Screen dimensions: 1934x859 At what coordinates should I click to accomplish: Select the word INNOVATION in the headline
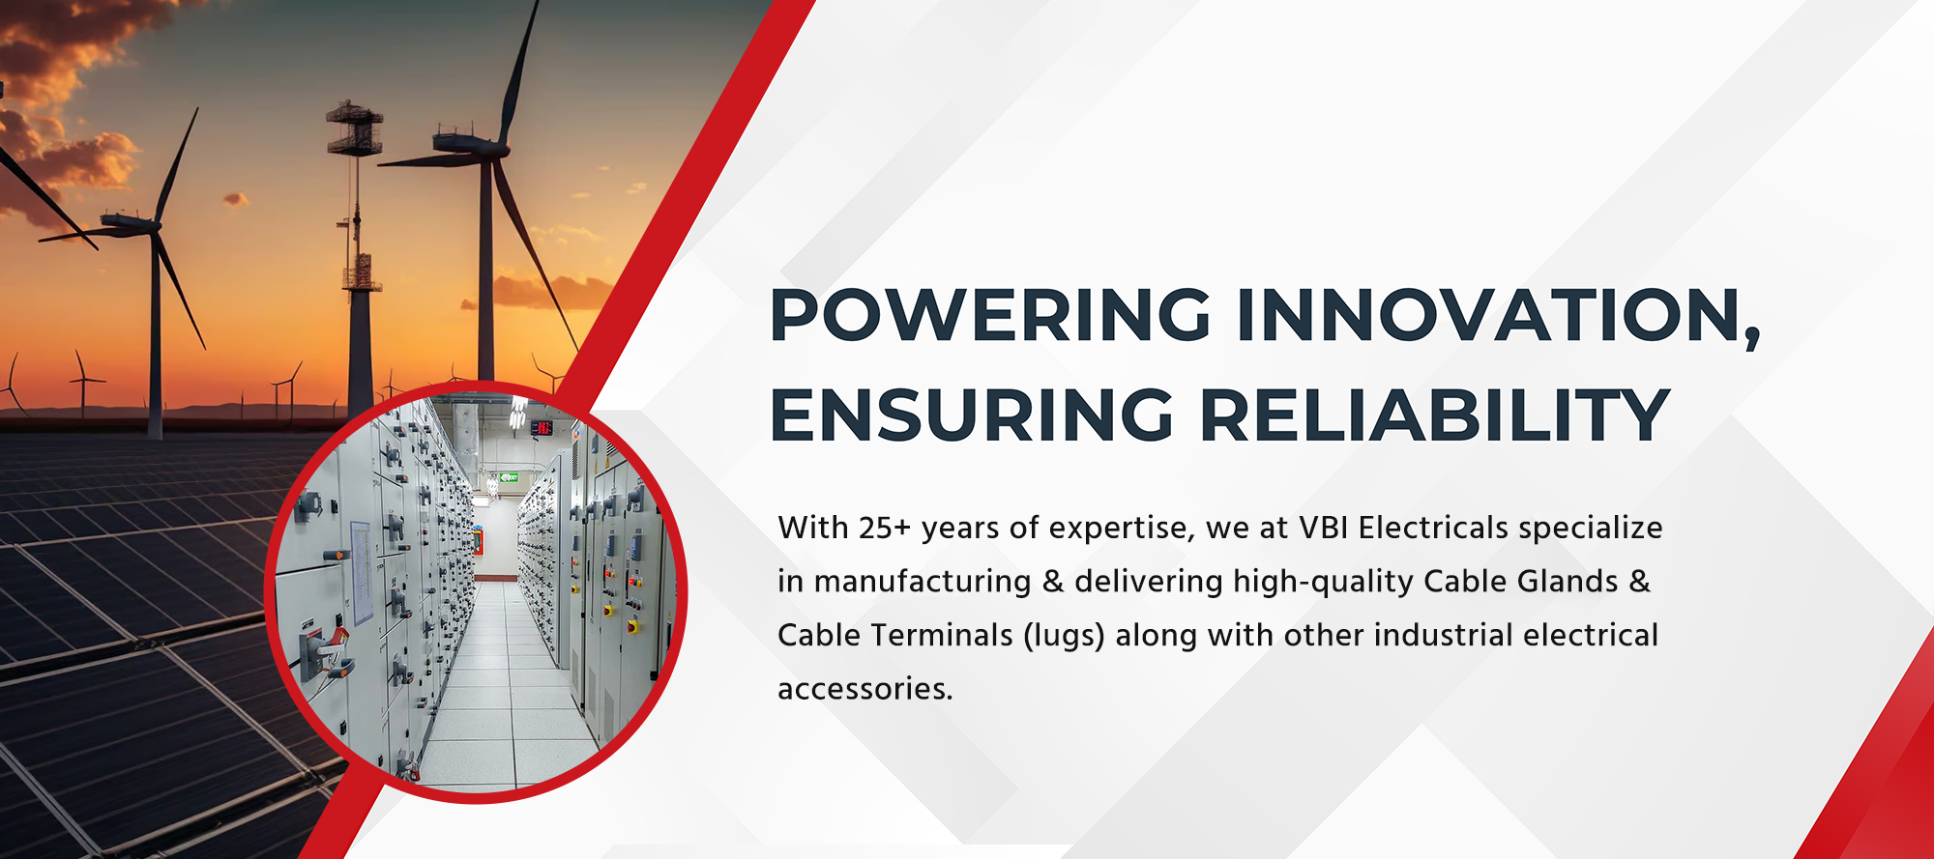tap(1496, 315)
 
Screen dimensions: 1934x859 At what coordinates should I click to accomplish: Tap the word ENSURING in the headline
tap(971, 415)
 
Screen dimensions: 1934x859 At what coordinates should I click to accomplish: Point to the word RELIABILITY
tap(1435, 415)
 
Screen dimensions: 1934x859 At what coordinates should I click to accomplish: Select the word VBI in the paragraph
tap(1323, 528)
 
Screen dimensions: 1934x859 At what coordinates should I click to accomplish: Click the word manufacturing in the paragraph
tap(923, 582)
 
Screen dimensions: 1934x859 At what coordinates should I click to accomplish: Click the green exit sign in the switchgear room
tap(510, 477)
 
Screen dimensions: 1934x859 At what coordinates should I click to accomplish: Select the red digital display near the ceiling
tap(542, 427)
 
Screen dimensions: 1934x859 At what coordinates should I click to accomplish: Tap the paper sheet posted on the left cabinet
tap(361, 572)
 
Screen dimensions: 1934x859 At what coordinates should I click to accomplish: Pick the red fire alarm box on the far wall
tap(477, 539)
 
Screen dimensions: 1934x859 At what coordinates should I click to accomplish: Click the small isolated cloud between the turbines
tap(234, 200)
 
